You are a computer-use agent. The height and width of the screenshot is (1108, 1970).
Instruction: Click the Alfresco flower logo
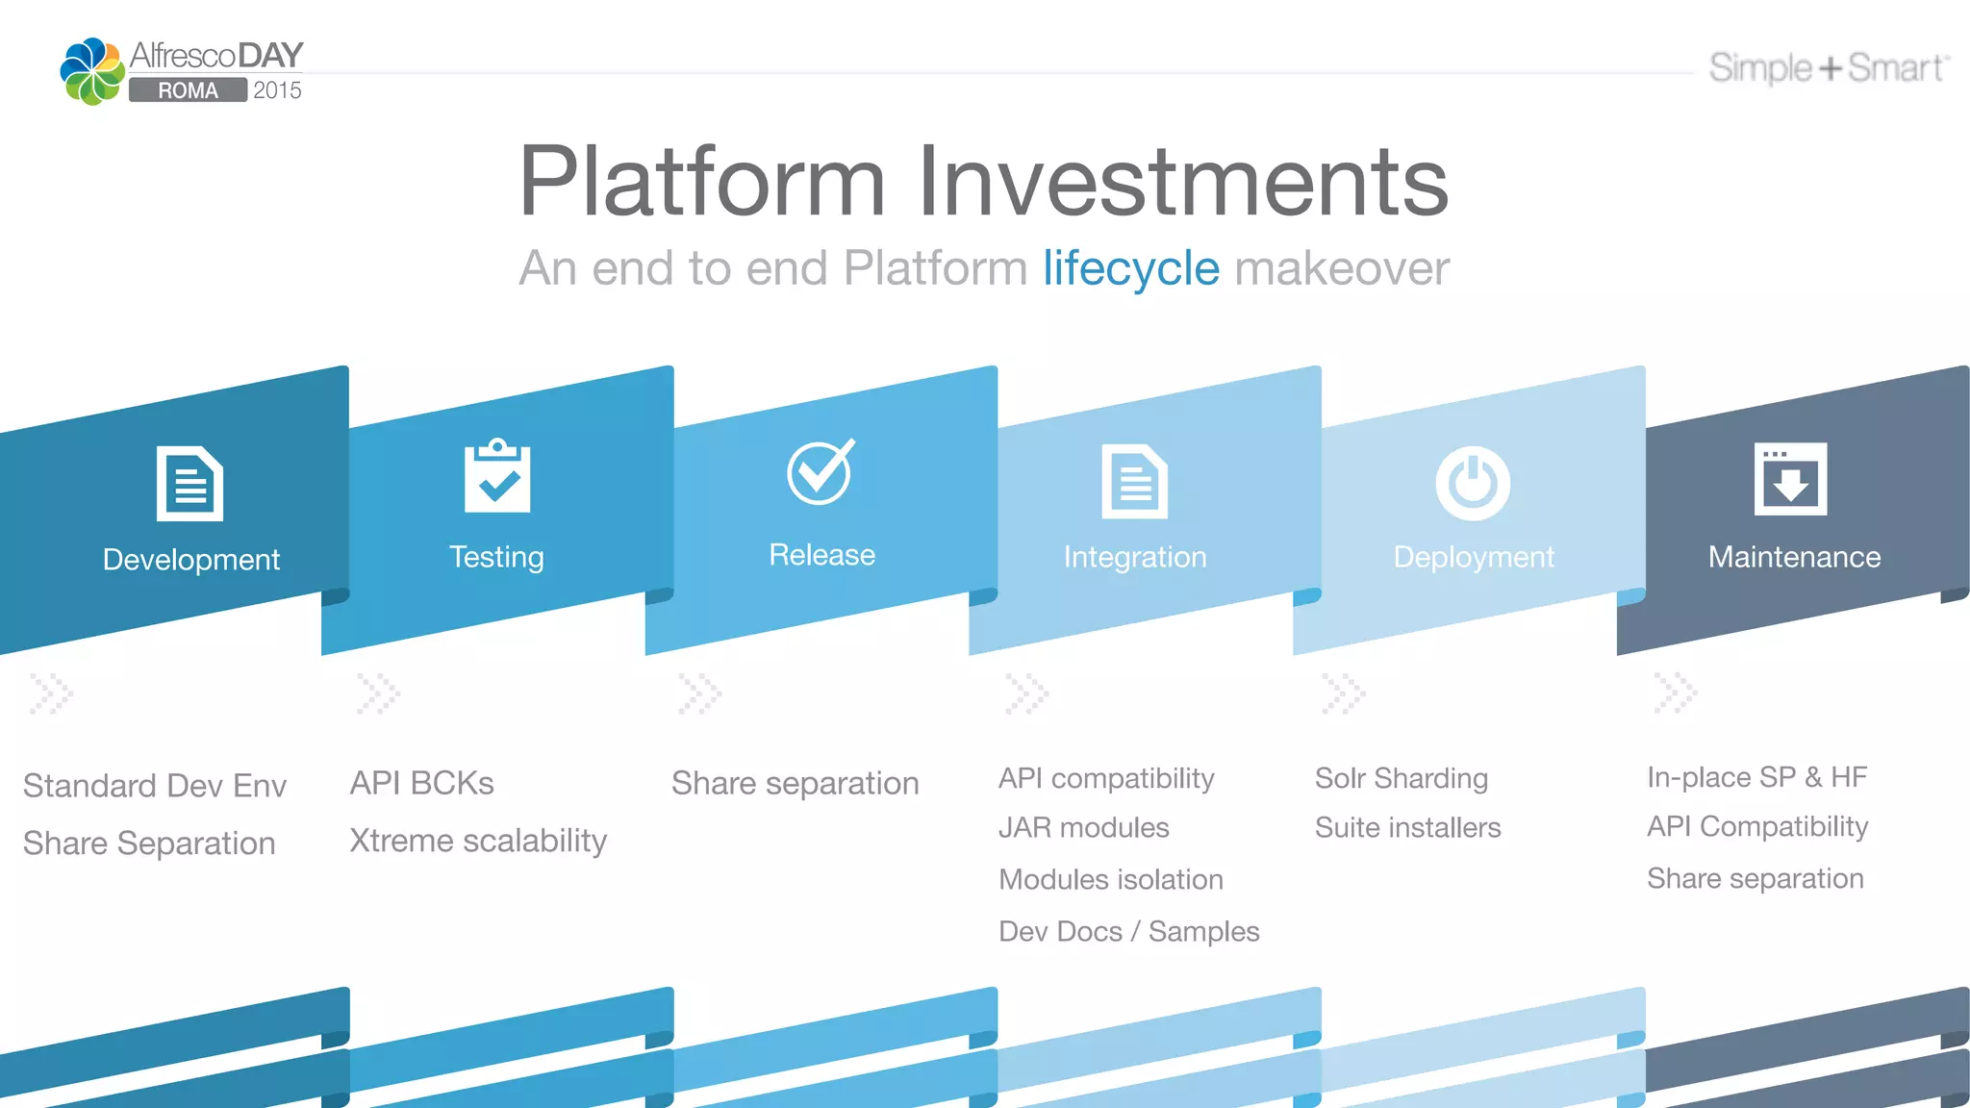(92, 71)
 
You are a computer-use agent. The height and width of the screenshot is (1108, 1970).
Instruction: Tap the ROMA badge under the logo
(188, 90)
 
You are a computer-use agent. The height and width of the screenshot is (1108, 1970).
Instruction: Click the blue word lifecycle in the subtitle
(1130, 268)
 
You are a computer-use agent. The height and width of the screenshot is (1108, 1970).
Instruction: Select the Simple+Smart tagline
(1828, 68)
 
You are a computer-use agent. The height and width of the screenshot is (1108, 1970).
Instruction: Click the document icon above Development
(189, 484)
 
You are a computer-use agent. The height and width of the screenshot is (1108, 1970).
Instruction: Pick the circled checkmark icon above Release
(821, 471)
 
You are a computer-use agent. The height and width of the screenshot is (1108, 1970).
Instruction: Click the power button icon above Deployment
(1472, 483)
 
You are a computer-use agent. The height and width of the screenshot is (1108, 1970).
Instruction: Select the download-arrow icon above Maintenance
(1790, 479)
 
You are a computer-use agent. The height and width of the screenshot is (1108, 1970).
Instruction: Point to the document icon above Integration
(1134, 482)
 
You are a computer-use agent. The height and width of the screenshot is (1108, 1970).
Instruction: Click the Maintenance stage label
(1794, 557)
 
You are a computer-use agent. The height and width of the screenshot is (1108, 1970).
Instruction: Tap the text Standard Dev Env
(155, 786)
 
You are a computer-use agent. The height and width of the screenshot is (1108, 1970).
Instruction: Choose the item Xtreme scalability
(478, 841)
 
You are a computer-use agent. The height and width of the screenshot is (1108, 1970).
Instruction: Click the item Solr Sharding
(1401, 778)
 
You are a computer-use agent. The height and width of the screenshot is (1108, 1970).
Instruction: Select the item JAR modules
(1083, 827)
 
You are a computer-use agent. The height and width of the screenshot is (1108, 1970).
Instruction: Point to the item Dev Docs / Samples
(1128, 931)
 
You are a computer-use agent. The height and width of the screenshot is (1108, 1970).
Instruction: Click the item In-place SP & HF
(1756, 777)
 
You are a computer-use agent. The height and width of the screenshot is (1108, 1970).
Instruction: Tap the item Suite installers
(1407, 827)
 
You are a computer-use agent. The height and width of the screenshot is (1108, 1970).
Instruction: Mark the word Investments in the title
(1182, 182)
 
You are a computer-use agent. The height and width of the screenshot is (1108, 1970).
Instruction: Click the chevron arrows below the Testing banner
(378, 692)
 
